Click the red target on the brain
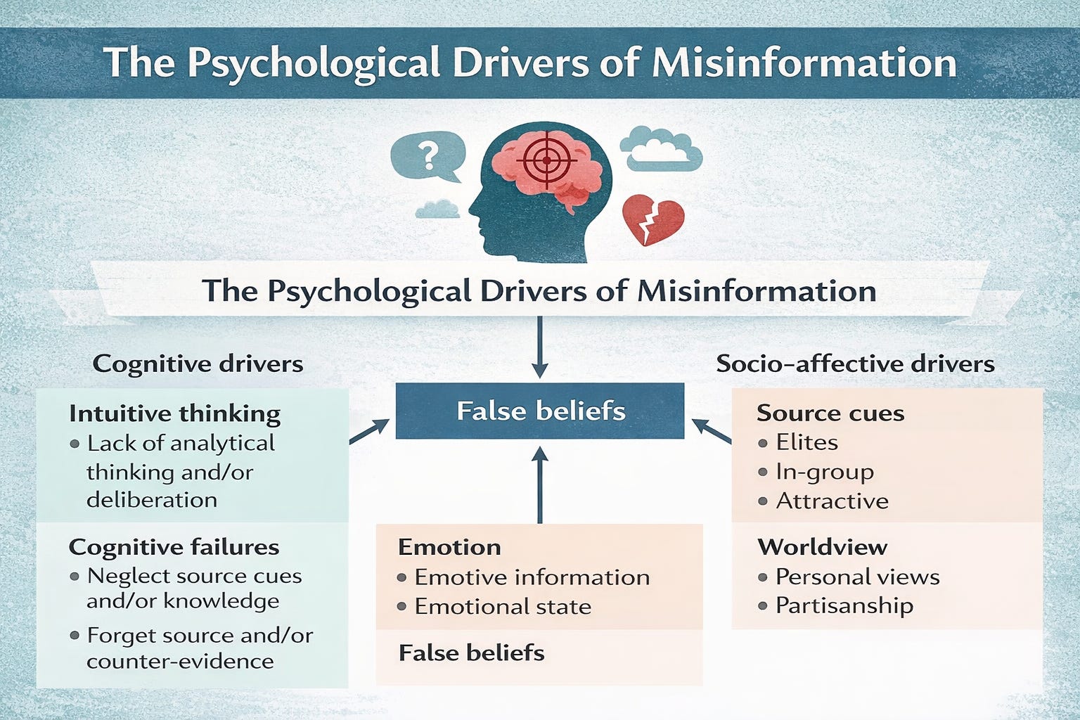click(x=546, y=161)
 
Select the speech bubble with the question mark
click(x=427, y=157)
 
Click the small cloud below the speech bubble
click(x=438, y=209)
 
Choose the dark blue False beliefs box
click(x=540, y=411)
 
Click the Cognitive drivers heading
click(x=198, y=364)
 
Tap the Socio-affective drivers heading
click(x=855, y=364)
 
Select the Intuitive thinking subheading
click(x=174, y=413)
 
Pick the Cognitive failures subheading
click(x=174, y=547)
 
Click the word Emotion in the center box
click(x=449, y=547)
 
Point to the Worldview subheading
click(x=822, y=547)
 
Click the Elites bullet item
click(x=806, y=442)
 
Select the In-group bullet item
click(x=824, y=472)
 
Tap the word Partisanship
click(x=844, y=605)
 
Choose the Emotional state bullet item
click(x=502, y=606)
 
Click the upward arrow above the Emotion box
click(x=540, y=485)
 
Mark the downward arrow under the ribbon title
click(x=540, y=348)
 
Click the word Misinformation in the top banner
click(x=804, y=63)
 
